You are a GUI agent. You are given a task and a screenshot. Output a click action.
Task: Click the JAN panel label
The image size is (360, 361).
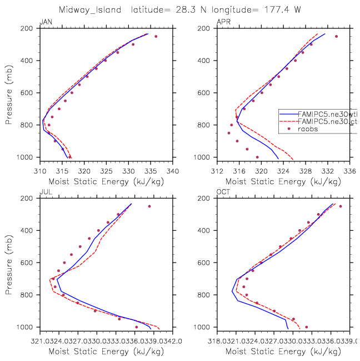[44, 22]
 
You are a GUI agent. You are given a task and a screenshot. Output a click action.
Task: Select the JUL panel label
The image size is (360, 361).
[44, 192]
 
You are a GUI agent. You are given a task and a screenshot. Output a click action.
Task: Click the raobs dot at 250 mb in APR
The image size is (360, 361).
[336, 37]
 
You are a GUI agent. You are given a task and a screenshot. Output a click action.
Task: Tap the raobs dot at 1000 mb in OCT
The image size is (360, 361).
[306, 327]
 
